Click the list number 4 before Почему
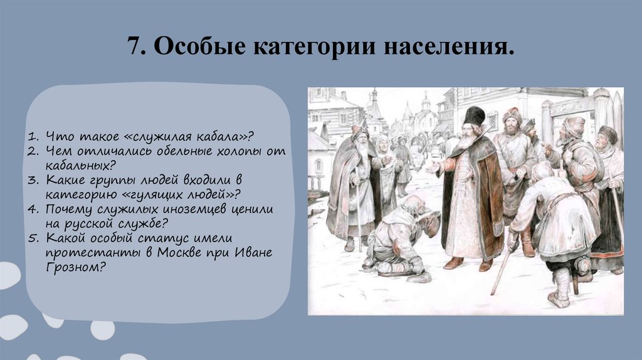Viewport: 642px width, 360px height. tap(34, 209)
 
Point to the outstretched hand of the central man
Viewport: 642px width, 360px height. tap(432, 168)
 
